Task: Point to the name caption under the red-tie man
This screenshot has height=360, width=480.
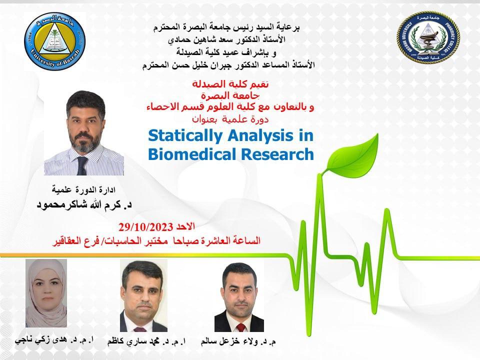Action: [x=238, y=342]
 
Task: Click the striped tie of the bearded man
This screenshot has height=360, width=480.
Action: [x=81, y=162]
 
